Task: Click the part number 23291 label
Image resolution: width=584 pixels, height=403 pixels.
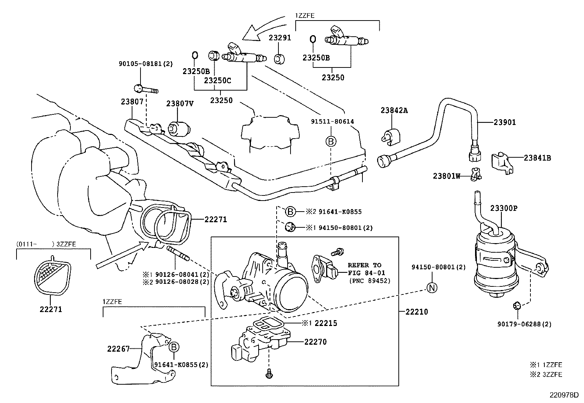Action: [280, 37]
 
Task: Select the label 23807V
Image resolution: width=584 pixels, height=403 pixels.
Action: [180, 104]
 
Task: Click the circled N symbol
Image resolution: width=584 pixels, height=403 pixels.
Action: [432, 288]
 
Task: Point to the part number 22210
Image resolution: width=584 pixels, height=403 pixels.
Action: [417, 312]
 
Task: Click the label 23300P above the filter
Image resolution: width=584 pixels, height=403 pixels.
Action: [504, 208]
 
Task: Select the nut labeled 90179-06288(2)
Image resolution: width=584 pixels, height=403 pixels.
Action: [516, 305]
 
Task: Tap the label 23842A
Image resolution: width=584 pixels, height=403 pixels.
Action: [394, 110]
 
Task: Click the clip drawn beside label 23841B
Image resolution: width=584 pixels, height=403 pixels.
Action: [501, 162]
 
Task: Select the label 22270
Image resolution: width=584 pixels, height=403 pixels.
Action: [315, 342]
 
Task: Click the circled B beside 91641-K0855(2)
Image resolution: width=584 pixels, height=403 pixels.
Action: [174, 347]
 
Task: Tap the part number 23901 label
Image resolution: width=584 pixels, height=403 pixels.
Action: [504, 122]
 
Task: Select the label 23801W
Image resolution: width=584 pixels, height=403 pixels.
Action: [446, 176]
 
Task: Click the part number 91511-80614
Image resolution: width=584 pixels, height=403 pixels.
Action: [332, 121]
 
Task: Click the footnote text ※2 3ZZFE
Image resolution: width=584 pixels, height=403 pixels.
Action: [546, 374]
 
